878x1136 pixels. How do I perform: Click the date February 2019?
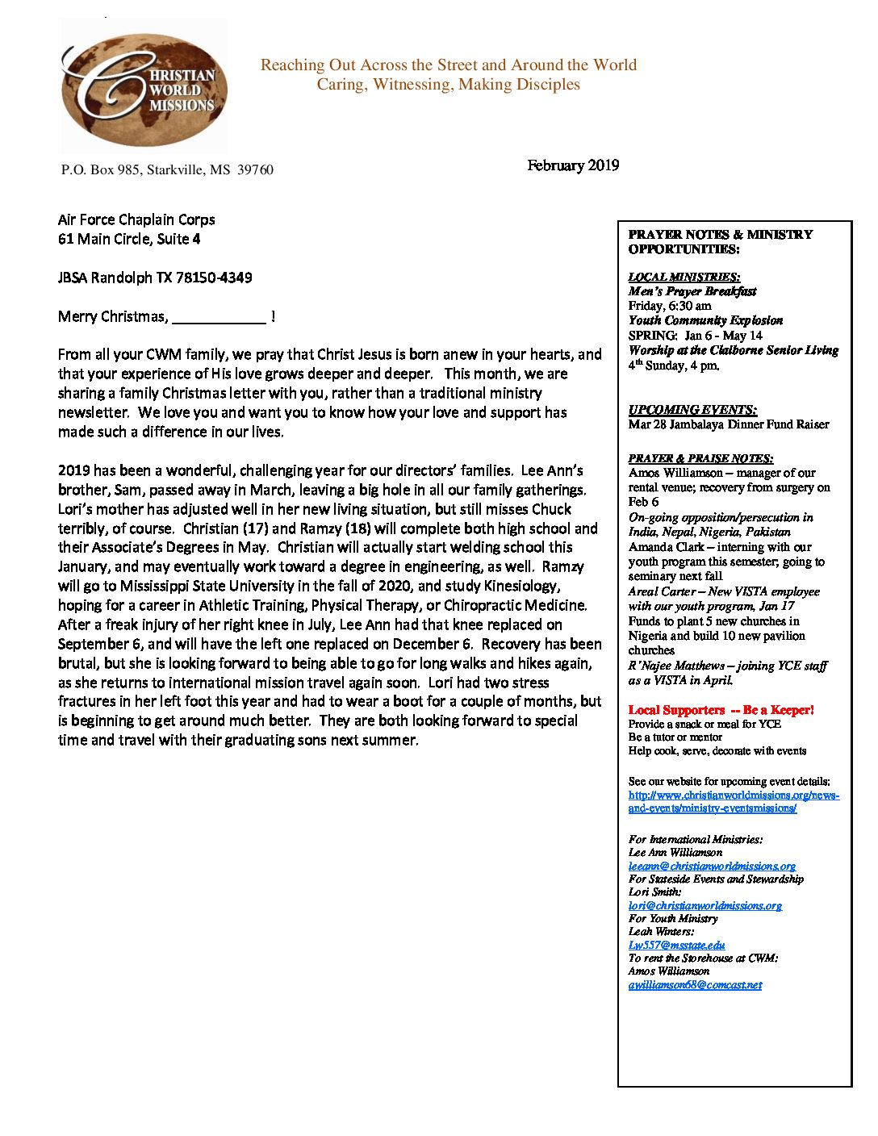pos(573,165)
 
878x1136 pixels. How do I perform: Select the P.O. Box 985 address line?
pos(167,169)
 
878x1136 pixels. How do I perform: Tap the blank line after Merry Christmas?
pos(219,318)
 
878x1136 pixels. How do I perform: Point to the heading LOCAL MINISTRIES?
pos(684,277)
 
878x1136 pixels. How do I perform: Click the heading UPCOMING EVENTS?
pos(692,410)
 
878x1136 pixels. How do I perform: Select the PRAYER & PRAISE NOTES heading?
pos(700,458)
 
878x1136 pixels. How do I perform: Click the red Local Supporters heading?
pos(721,710)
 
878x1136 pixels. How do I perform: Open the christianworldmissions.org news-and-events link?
pos(733,801)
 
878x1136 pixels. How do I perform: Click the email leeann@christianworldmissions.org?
pos(712,866)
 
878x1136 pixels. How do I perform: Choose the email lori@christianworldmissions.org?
pos(704,905)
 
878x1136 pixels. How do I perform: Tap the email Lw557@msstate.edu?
pos(676,945)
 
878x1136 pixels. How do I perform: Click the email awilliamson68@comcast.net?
pos(695,984)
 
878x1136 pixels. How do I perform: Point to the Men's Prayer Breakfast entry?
pos(692,291)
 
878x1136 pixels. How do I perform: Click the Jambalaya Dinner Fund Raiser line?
pos(729,424)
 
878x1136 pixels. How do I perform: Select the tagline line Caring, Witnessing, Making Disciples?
pos(448,85)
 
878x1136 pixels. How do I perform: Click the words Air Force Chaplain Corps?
pos(136,219)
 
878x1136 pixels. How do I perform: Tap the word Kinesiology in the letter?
pos(514,586)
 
